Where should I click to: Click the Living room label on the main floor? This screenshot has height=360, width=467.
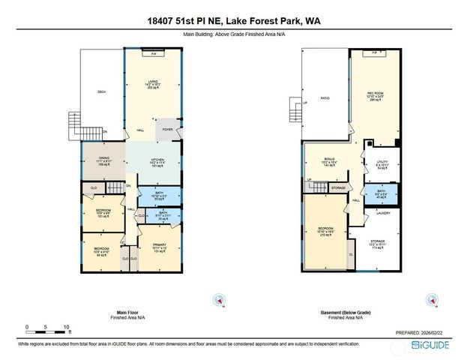click(153, 83)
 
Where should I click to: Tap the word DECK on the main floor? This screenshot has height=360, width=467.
click(101, 92)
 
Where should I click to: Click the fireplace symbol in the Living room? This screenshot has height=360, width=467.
click(154, 53)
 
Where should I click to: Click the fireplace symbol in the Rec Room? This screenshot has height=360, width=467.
click(373, 53)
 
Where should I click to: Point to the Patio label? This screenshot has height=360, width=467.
click(325, 98)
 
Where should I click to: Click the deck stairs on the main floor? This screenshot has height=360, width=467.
click(73, 123)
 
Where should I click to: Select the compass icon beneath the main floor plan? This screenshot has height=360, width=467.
click(219, 300)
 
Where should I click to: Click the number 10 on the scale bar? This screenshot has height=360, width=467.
click(67, 328)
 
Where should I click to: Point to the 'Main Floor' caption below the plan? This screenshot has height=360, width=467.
click(128, 312)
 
